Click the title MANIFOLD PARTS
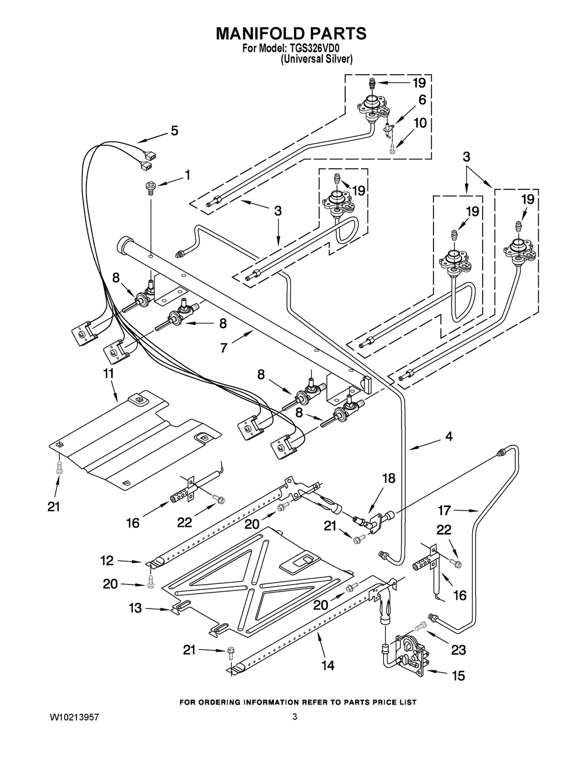(291, 34)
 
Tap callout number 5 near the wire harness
(174, 131)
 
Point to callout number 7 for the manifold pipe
(224, 348)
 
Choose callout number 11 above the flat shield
(109, 373)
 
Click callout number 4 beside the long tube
(449, 437)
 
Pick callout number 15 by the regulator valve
(458, 676)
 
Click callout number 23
(458, 650)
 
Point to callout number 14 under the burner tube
(328, 665)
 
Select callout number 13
(136, 608)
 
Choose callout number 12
(106, 562)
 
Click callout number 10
(420, 124)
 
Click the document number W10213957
(74, 717)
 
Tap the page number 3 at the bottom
(294, 717)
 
